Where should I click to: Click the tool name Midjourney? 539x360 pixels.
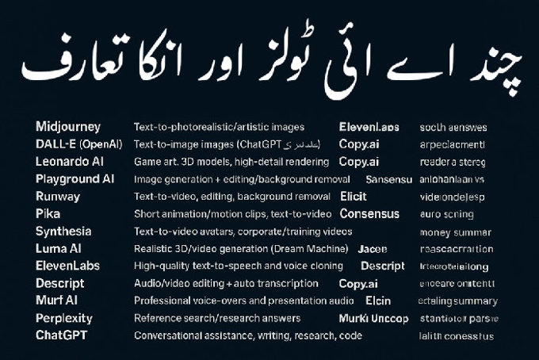pos(68,127)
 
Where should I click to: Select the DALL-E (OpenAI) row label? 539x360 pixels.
pos(78,144)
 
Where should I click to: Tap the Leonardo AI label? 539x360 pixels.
pos(70,162)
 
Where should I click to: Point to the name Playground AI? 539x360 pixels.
pos(75,179)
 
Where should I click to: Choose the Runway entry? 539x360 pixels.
pos(58,197)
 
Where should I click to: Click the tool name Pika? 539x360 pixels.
pos(48,214)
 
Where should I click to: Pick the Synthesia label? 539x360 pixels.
pos(63,232)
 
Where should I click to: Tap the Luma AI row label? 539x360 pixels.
pos(59,249)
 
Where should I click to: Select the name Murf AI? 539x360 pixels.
pos(56,301)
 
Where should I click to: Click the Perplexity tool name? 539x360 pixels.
pos(64,318)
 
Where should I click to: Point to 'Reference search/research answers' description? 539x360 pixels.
pos(217,318)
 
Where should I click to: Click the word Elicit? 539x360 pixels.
pos(353,197)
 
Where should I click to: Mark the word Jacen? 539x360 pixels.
pos(373,249)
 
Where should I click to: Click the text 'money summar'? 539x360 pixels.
pos(455,232)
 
